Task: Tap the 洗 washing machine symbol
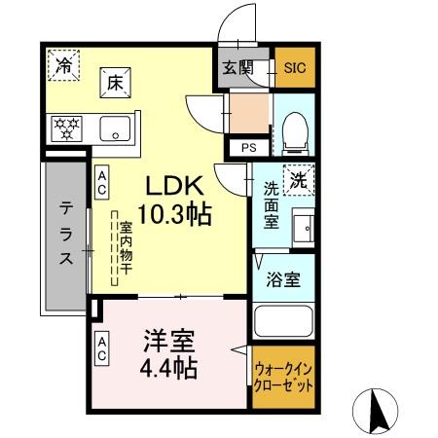coord(301,179)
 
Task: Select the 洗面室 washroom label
coord(272,203)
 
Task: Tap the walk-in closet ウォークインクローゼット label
coord(283,377)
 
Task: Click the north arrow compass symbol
coord(383,410)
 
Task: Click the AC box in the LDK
coord(101,183)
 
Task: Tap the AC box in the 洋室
coord(101,348)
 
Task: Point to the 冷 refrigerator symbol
coord(61,67)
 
